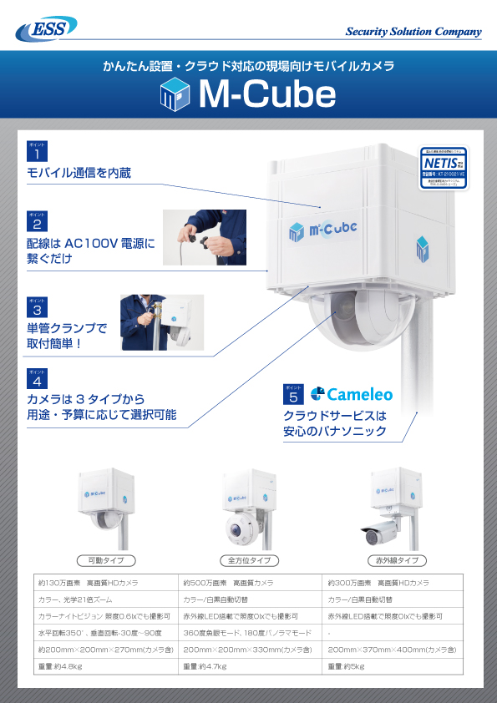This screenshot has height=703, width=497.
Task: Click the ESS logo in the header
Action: point(43,30)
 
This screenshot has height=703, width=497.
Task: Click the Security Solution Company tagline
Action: point(413,32)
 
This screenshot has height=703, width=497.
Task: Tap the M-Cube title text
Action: point(266,96)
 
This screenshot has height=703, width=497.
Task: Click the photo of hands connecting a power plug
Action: point(204,237)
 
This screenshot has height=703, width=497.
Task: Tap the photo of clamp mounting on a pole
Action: point(161,321)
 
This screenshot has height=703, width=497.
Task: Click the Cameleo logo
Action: point(352,393)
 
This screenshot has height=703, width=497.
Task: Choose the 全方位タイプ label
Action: point(249,560)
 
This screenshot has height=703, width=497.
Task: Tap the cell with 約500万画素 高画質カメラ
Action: point(250,582)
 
